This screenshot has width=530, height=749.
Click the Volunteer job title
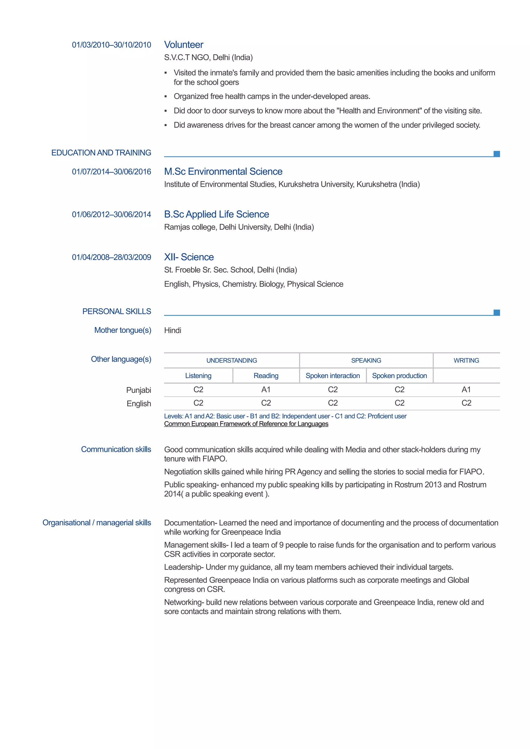183,45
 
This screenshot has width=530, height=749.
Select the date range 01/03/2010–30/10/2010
111,45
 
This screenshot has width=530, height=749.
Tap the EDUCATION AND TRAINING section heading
101,153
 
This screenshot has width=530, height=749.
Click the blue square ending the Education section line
496,154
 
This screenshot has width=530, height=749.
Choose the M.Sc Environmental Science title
223,172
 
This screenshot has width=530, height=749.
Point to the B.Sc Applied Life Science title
217,214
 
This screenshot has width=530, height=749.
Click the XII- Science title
189,257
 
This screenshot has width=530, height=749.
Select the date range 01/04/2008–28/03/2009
111,257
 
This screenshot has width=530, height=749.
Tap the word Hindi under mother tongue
172,331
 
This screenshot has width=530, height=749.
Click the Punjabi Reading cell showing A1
266,389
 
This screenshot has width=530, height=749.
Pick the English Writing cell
466,403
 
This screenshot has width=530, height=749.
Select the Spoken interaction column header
333,376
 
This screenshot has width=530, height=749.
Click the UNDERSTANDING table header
232,361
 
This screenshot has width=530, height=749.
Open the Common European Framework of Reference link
246,424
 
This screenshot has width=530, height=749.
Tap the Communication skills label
116,449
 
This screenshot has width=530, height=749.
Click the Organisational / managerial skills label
97,523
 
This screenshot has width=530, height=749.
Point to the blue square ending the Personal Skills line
496,312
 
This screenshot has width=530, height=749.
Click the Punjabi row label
138,390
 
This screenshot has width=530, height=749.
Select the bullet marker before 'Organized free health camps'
166,97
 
